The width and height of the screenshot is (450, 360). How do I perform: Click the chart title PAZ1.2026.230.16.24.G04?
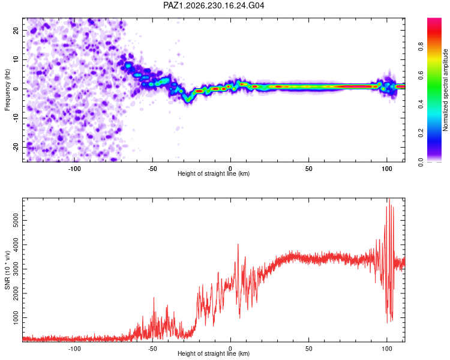(214, 5)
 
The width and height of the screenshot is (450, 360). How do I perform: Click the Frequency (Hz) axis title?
(7, 90)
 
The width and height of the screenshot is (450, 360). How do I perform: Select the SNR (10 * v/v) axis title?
(7, 270)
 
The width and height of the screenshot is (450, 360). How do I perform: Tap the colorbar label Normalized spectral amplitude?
(445, 90)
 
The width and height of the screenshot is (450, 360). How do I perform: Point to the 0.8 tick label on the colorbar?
(421, 46)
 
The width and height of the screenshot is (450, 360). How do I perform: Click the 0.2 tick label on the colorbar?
(421, 133)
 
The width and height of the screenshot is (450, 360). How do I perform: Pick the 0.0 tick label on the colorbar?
(421, 162)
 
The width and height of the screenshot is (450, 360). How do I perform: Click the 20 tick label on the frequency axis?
(16, 30)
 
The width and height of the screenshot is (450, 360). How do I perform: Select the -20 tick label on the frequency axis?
(16, 147)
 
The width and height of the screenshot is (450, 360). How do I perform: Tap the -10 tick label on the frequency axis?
(16, 118)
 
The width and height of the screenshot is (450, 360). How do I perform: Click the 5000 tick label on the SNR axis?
(16, 220)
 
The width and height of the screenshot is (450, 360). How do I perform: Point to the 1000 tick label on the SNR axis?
(16, 317)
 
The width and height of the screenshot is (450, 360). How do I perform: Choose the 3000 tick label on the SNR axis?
(16, 269)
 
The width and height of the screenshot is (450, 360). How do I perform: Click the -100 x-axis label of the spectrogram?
(74, 169)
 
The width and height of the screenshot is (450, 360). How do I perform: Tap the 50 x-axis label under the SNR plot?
(308, 349)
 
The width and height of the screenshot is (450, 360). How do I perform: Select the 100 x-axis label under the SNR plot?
(386, 349)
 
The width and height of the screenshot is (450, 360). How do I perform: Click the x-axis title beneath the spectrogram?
(214, 173)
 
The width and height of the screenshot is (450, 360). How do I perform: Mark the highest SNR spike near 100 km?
(389, 199)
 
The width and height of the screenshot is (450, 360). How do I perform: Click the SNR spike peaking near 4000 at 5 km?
(238, 244)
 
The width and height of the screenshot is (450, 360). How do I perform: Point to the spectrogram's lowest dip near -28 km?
(188, 100)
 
